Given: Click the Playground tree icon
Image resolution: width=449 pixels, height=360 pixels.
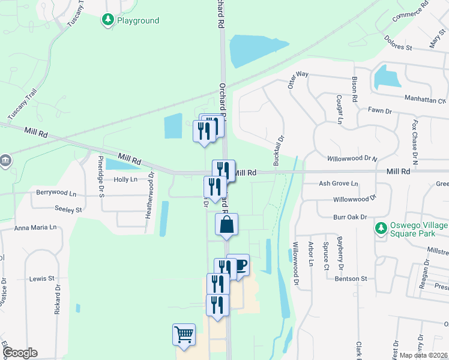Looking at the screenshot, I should (x=108, y=20).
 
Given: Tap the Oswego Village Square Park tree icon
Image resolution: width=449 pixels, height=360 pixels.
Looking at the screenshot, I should (x=381, y=229).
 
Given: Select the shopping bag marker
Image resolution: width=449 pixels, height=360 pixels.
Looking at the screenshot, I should (x=227, y=225).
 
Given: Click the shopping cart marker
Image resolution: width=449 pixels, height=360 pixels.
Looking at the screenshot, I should (x=184, y=335).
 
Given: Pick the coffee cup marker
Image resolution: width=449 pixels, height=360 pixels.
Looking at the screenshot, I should (x=239, y=265).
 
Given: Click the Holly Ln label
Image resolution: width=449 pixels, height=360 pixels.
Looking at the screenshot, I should (x=125, y=179).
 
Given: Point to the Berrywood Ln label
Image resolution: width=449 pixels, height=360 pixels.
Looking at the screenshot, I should (x=57, y=194).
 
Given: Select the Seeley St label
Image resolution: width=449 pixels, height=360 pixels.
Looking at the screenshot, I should (x=68, y=210).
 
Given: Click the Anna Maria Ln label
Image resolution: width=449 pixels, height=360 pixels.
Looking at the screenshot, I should (x=35, y=228).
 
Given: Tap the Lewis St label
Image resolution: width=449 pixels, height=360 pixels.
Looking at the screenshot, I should (x=42, y=279).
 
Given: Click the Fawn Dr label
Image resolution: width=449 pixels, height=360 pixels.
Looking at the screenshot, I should (x=379, y=111).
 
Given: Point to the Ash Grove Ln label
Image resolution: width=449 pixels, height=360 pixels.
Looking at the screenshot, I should (x=339, y=184).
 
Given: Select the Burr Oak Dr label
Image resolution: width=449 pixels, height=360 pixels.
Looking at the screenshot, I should (x=350, y=217).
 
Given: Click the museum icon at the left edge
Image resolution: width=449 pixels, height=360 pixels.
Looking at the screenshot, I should (x=5, y=161).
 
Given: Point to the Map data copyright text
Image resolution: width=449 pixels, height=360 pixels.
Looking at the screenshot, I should (x=423, y=355).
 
